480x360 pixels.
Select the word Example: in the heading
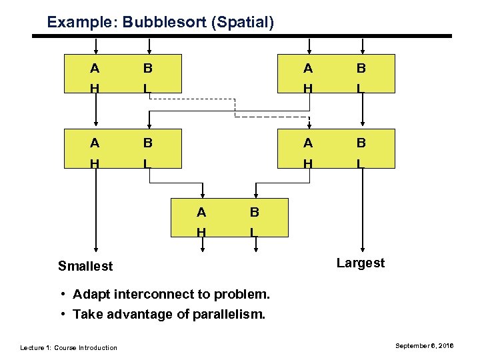[x=83, y=22]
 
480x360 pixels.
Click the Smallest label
[x=85, y=266]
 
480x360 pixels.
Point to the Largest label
[x=361, y=263]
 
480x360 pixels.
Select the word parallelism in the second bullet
[x=228, y=314]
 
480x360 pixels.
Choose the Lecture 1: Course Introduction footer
[x=69, y=347]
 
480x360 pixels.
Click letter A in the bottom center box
[x=201, y=213]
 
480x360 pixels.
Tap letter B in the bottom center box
[x=254, y=213]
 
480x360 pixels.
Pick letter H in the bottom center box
[x=201, y=231]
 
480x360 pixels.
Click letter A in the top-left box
[x=95, y=68]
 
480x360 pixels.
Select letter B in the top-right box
[x=361, y=68]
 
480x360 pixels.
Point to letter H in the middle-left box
[x=95, y=162]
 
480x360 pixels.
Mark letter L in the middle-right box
[x=361, y=162]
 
